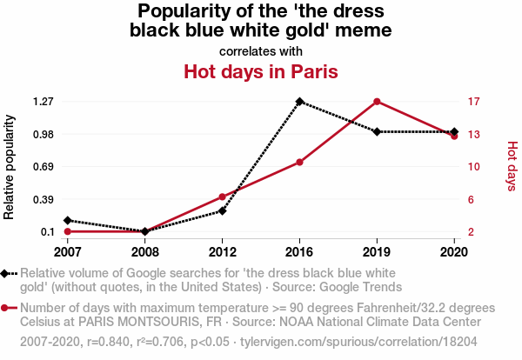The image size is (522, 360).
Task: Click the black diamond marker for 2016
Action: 299,102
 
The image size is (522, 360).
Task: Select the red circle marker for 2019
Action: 377,102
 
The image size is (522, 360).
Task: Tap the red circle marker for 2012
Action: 222,197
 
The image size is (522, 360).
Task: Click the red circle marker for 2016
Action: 299,163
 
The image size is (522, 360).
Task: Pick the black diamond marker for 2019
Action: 377,132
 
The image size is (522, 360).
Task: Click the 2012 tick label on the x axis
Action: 222,251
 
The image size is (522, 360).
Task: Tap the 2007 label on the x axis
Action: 67,251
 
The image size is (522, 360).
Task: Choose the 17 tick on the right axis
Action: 473,102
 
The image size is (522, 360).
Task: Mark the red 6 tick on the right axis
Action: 471,199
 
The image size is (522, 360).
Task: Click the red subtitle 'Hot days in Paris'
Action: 260,71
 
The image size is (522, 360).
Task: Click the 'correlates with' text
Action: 260,50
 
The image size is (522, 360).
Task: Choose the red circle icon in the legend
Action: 6,308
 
